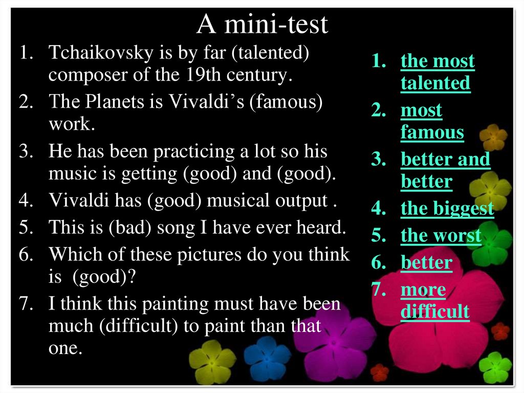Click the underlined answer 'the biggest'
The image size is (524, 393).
[x=447, y=209]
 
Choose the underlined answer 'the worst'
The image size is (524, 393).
[x=441, y=236]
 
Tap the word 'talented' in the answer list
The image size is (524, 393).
[x=435, y=83]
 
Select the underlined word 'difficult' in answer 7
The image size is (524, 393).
[x=434, y=312]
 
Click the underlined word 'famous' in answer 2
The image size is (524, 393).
[x=432, y=132]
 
